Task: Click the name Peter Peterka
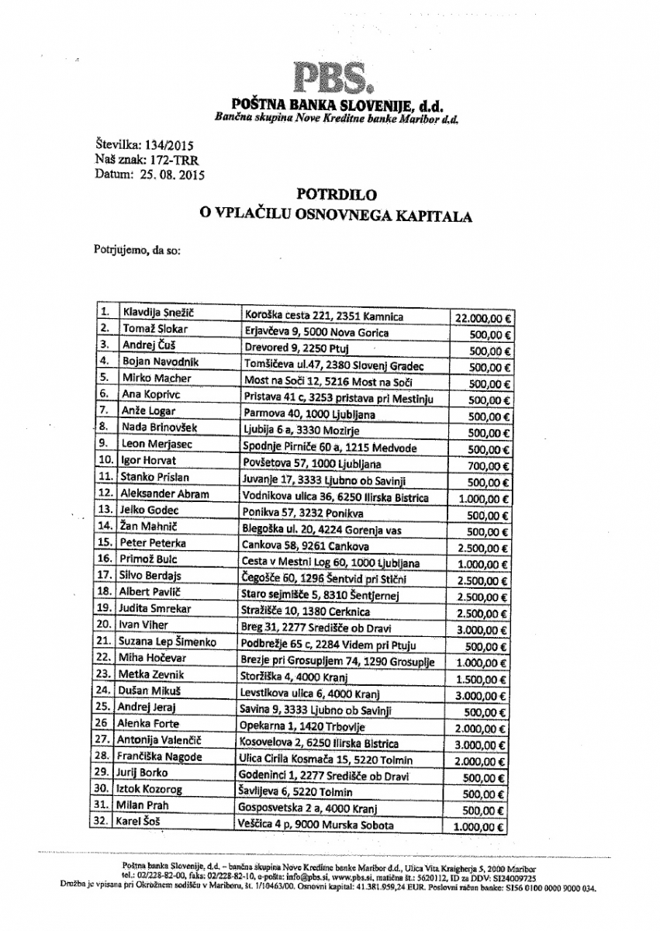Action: coord(154,544)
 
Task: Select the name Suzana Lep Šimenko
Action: coord(167,642)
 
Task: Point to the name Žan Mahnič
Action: coord(149,527)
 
